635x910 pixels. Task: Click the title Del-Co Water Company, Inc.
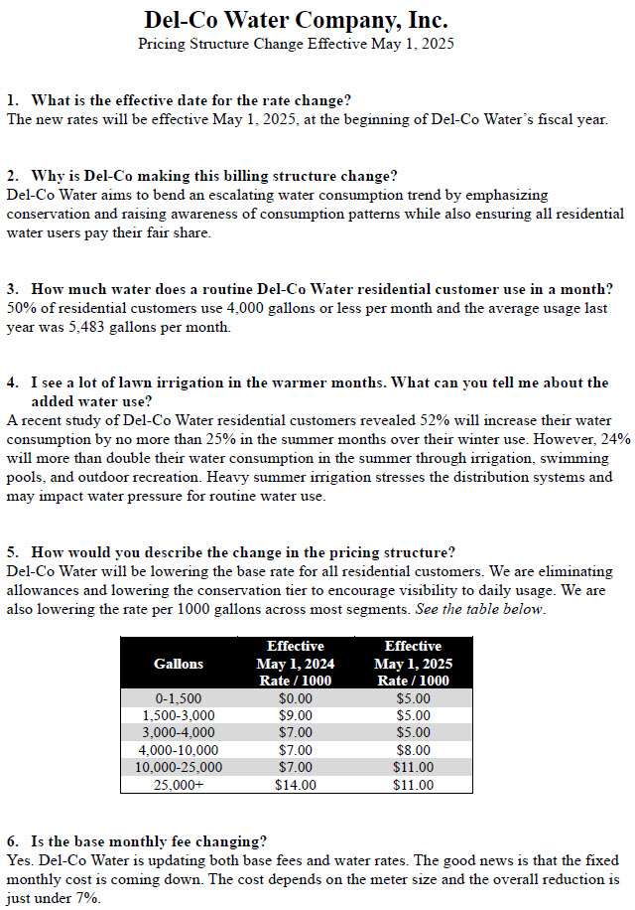point(296,20)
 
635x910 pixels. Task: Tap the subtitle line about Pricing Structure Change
point(296,44)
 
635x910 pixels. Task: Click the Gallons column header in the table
point(179,663)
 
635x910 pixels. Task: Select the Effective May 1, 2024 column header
point(295,663)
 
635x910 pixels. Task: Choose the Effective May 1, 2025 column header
point(413,663)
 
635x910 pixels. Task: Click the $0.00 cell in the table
point(295,697)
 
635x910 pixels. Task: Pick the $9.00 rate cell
point(295,715)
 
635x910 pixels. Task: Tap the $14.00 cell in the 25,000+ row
point(295,785)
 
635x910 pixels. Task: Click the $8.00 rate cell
point(413,750)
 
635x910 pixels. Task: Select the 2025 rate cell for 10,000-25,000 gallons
point(413,768)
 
